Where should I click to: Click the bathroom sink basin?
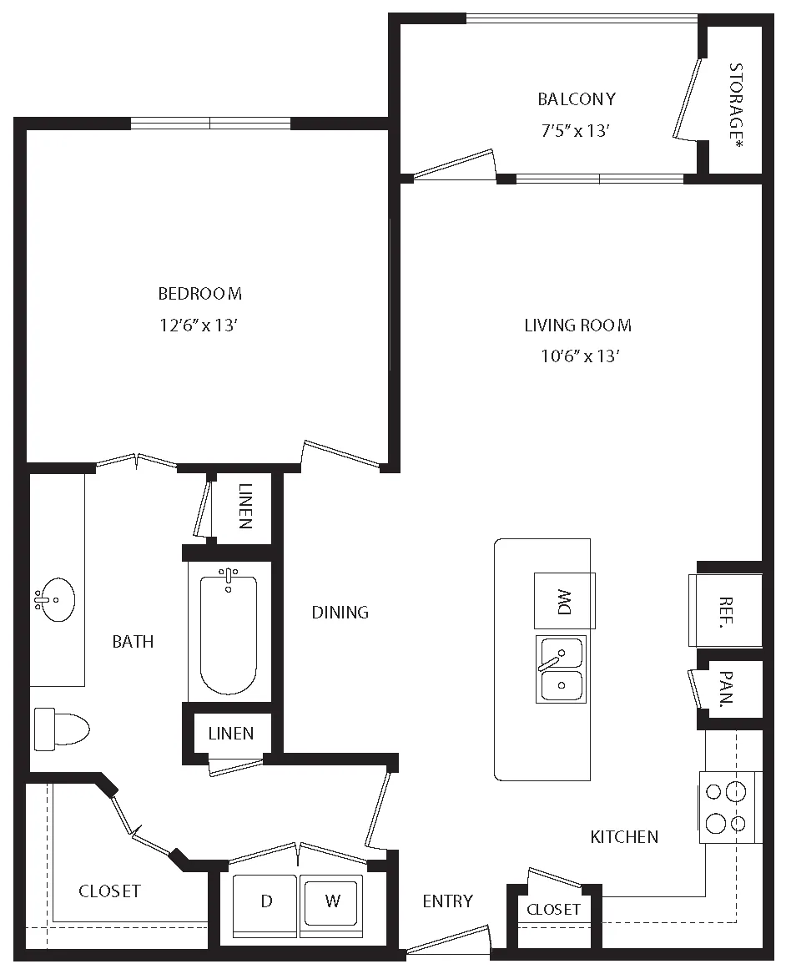pos(55,598)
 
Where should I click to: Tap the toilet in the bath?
pos(62,729)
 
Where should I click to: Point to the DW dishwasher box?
pos(565,601)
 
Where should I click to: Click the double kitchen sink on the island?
pos(561,669)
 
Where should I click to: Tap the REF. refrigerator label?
pos(726,613)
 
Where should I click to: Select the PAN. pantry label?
pos(727,689)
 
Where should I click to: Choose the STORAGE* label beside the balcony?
pos(735,106)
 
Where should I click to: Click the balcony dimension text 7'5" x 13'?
pos(576,130)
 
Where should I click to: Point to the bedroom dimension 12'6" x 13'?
pos(199,325)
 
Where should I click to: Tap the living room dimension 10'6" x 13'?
pos(580,356)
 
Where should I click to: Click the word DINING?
pos(340,613)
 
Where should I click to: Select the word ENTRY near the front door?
pos(447,901)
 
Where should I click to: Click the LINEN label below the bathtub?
pos(230,734)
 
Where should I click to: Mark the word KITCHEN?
pos(624,837)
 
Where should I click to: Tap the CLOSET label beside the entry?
pos(553,909)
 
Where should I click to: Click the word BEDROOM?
pos(199,293)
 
